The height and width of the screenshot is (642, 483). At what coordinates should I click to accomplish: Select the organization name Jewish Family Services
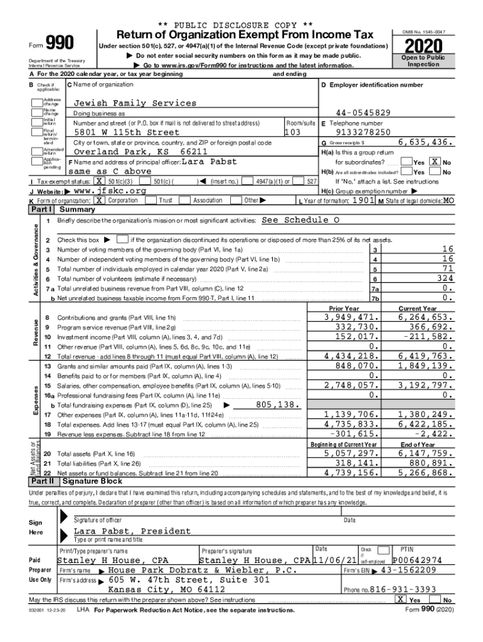point(135,103)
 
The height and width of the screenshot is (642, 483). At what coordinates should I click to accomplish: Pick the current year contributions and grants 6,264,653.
point(422,317)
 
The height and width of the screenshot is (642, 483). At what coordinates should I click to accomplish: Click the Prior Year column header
point(344,308)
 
